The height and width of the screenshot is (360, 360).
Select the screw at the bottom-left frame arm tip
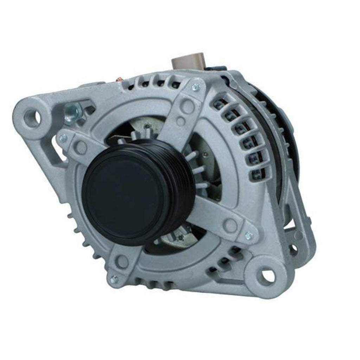[x=114, y=279]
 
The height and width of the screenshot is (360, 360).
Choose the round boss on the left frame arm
[x=82, y=147]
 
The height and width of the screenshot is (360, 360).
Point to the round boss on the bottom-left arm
[x=122, y=262]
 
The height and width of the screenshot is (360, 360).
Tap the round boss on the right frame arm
[x=230, y=225]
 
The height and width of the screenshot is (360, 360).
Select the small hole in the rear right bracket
[x=293, y=249]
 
